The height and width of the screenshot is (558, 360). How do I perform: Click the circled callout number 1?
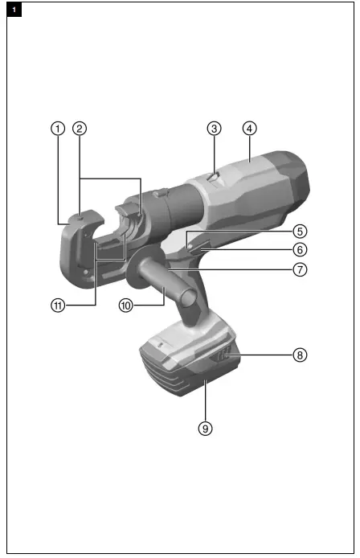(58, 128)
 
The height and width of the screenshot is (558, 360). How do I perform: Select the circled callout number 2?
(80, 128)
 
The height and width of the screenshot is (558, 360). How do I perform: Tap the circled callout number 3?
(214, 128)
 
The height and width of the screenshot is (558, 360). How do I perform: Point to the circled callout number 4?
(249, 128)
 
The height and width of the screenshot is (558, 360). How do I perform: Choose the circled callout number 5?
(299, 230)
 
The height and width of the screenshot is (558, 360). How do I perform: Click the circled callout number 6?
(299, 249)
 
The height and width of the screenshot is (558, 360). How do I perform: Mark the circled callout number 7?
(299, 269)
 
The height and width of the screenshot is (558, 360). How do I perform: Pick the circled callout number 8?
(299, 354)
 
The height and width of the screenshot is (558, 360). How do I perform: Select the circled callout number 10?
(125, 306)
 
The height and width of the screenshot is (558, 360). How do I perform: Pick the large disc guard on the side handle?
(133, 269)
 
